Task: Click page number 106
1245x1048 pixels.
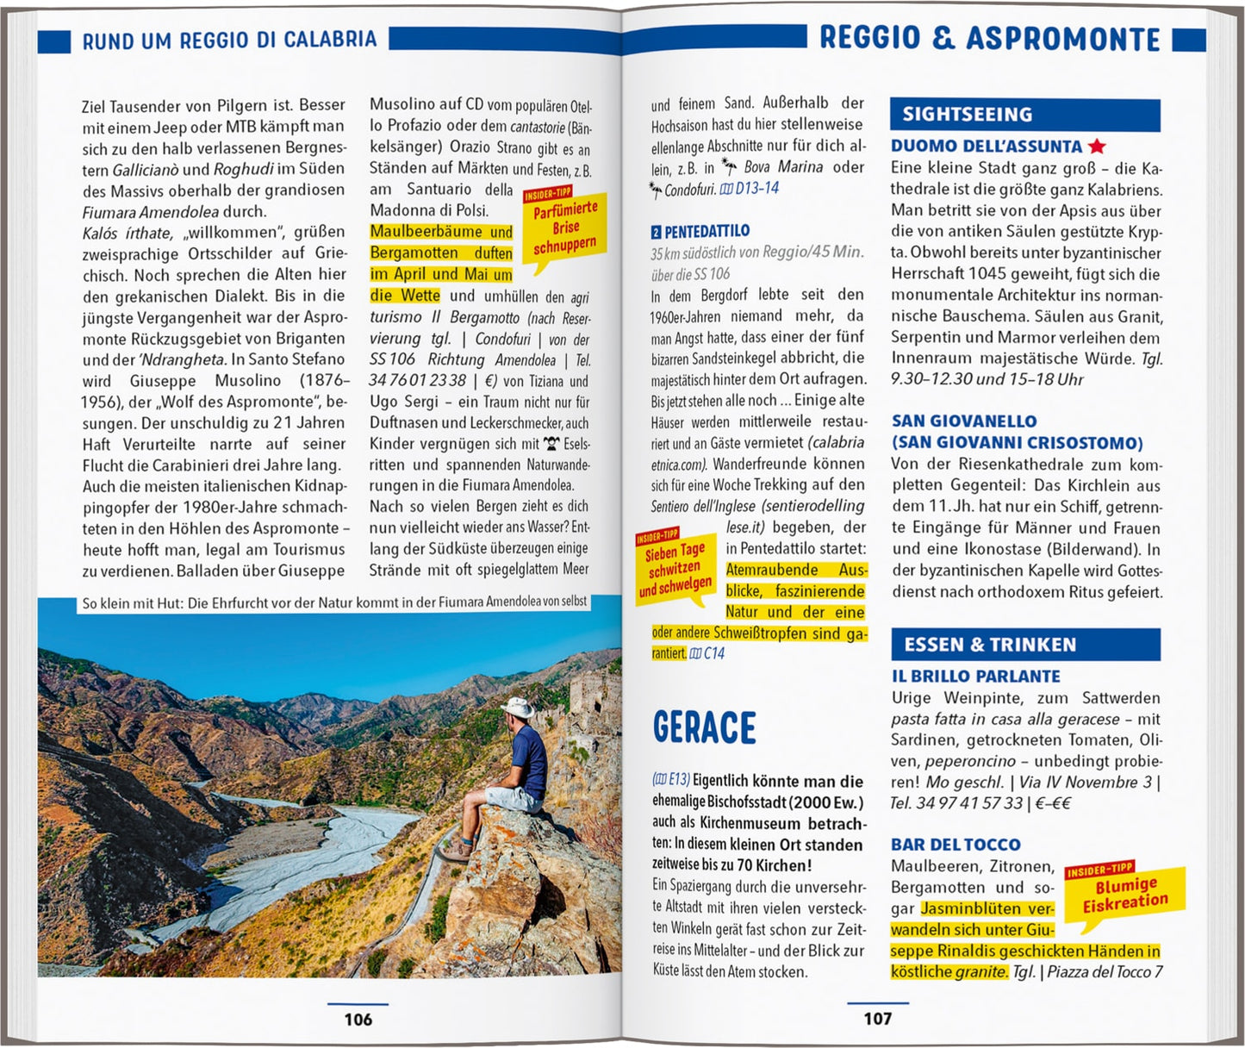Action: [x=358, y=1020]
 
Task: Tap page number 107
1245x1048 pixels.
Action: [x=877, y=1019]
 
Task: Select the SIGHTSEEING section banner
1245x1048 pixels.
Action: [x=1024, y=115]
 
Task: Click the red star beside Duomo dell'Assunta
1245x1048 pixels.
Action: [x=1097, y=147]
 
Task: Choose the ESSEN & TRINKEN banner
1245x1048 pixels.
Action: [x=1024, y=645]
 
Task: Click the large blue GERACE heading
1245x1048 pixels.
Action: [x=704, y=728]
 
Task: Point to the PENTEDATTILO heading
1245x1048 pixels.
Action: [x=707, y=231]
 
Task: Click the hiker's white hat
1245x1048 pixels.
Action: [x=517, y=707]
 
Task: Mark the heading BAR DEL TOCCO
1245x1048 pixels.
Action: [x=956, y=845]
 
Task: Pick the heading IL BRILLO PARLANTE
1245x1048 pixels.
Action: [x=975, y=677]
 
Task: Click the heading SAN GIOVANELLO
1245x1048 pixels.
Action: [x=964, y=421]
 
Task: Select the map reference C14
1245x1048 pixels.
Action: [x=707, y=654]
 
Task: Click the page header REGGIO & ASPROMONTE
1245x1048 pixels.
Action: [x=989, y=39]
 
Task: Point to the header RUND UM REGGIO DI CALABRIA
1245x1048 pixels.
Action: [x=229, y=40]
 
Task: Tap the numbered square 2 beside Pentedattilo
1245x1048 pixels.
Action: [x=657, y=232]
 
